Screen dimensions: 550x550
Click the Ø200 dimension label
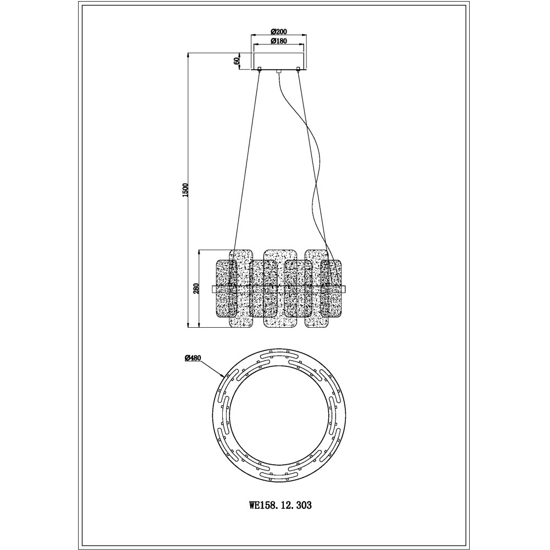point(279,31)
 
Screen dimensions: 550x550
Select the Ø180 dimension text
point(279,41)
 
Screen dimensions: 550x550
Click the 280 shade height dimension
point(196,289)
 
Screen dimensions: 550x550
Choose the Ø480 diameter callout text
point(192,358)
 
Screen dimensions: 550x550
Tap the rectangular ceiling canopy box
point(279,61)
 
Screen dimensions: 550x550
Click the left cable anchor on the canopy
point(260,69)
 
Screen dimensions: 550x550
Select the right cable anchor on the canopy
point(298,69)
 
